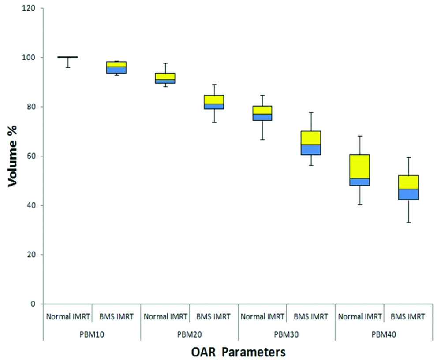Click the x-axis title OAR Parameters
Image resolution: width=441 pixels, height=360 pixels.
point(238,352)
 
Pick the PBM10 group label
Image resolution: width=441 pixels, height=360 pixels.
point(92,334)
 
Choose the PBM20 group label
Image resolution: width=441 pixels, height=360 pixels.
point(190,334)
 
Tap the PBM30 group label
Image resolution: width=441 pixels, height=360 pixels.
point(287,334)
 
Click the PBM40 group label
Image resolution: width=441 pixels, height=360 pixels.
point(385,334)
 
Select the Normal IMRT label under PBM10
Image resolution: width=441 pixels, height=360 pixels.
point(67,316)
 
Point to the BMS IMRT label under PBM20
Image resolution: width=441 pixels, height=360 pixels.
point(214,316)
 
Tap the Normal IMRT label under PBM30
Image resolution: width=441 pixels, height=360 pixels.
point(262,316)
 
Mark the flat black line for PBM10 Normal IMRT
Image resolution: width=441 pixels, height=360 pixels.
point(67,57)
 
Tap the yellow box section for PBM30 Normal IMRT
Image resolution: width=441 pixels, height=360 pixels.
point(262,110)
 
